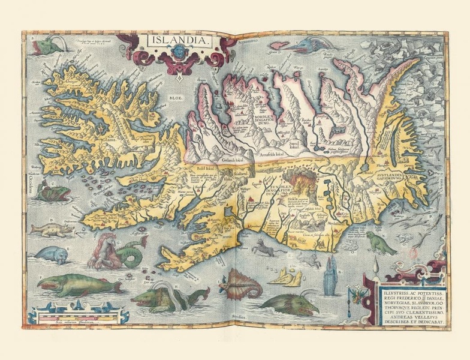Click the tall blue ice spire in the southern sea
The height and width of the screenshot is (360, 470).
(329, 281)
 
